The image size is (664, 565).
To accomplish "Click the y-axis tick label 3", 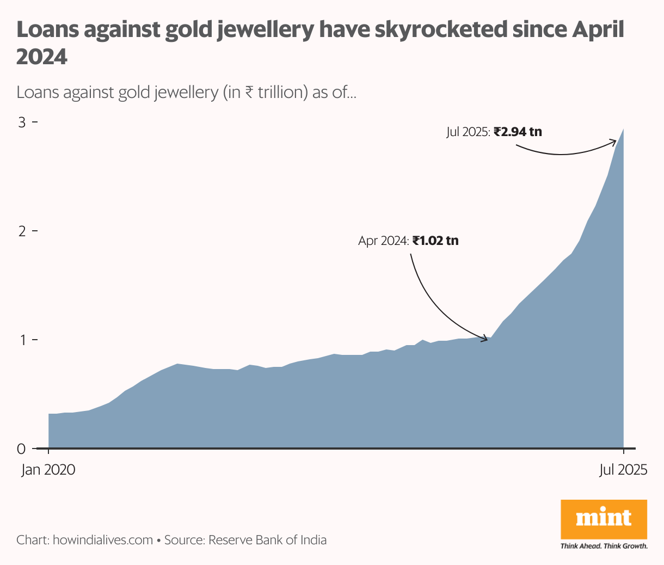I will pyautogui.click(x=22, y=122).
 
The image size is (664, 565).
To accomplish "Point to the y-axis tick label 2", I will pyautogui.click(x=22, y=231).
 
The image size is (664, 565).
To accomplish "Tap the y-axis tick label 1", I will pyautogui.click(x=22, y=340).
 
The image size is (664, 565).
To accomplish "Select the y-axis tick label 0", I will pyautogui.click(x=21, y=449).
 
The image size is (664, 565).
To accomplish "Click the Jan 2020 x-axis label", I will pyautogui.click(x=48, y=470).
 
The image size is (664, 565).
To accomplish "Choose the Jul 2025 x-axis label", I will pyautogui.click(x=623, y=470).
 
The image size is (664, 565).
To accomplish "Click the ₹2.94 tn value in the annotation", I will pyautogui.click(x=518, y=132).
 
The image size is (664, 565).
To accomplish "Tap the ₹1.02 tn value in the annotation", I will pyautogui.click(x=435, y=240).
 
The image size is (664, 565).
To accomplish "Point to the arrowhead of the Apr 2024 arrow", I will pyautogui.click(x=486, y=339).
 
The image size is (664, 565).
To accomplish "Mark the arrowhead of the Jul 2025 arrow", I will pyautogui.click(x=614, y=142).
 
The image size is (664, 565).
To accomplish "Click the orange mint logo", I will pyautogui.click(x=604, y=519).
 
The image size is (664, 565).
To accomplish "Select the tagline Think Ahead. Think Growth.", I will pyautogui.click(x=604, y=546).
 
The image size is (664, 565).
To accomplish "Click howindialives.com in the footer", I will pyautogui.click(x=103, y=540).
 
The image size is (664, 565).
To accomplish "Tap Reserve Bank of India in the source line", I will pyautogui.click(x=267, y=540).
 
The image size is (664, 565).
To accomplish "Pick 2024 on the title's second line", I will pyautogui.click(x=42, y=56).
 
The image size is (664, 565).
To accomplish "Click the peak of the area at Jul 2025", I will pyautogui.click(x=623, y=130).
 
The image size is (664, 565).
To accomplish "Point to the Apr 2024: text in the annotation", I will pyautogui.click(x=383, y=241).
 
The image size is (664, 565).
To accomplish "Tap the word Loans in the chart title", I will pyautogui.click(x=47, y=30).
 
